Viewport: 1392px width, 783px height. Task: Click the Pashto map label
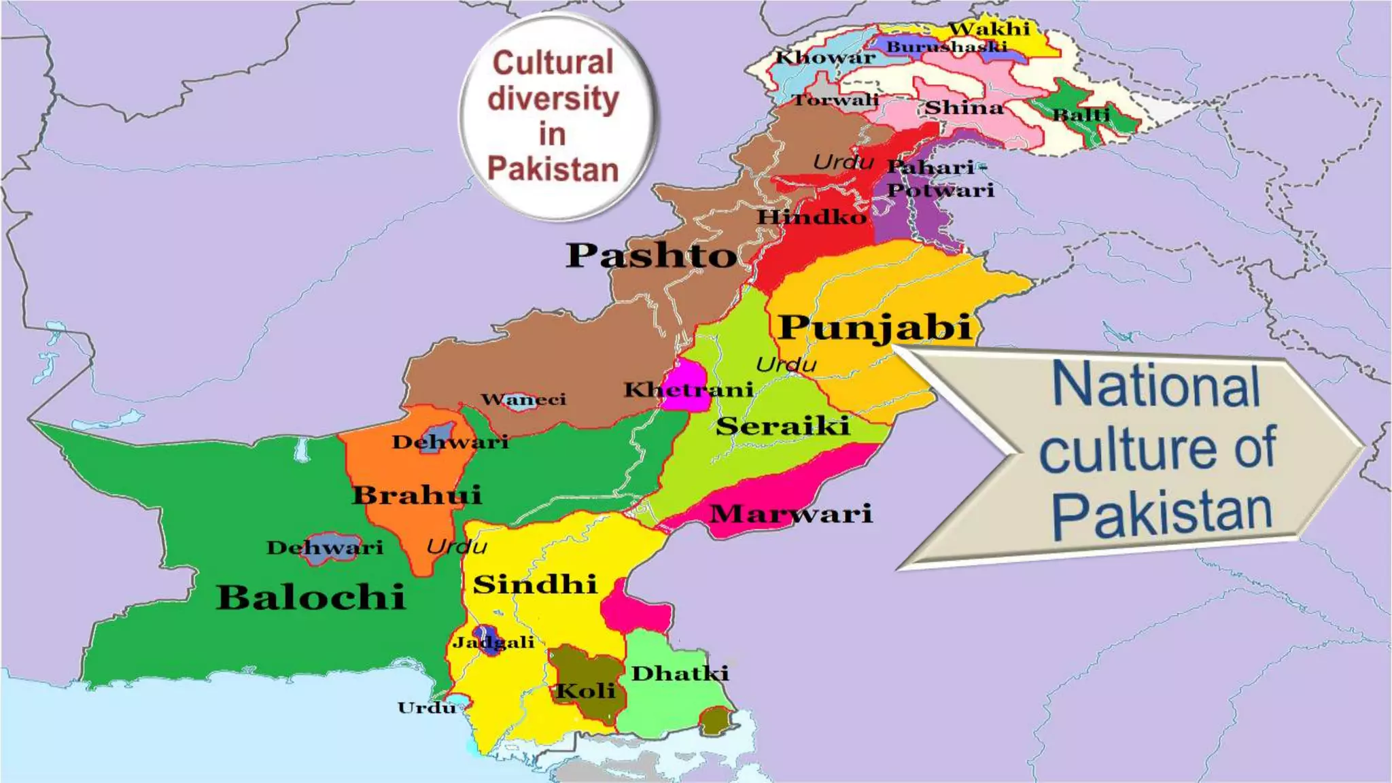(651, 256)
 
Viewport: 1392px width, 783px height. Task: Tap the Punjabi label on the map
(875, 327)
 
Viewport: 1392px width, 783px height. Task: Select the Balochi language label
(311, 597)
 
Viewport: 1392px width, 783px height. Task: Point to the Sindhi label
(535, 585)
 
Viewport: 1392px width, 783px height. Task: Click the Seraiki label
(782, 426)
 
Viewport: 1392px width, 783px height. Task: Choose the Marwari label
(790, 513)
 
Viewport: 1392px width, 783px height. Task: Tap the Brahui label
(417, 495)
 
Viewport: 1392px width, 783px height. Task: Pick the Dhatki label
(680, 674)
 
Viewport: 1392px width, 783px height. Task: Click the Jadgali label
(493, 642)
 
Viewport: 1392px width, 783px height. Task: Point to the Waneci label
(523, 399)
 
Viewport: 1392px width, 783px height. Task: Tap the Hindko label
(812, 217)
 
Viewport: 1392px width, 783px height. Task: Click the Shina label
(964, 107)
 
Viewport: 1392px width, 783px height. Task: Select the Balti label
(1081, 114)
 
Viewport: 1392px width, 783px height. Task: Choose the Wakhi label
(989, 29)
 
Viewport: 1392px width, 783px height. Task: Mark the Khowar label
(825, 57)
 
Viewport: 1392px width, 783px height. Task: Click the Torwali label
(836, 100)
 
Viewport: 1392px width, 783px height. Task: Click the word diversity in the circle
(553, 99)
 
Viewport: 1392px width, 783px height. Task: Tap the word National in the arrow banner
(1156, 385)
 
